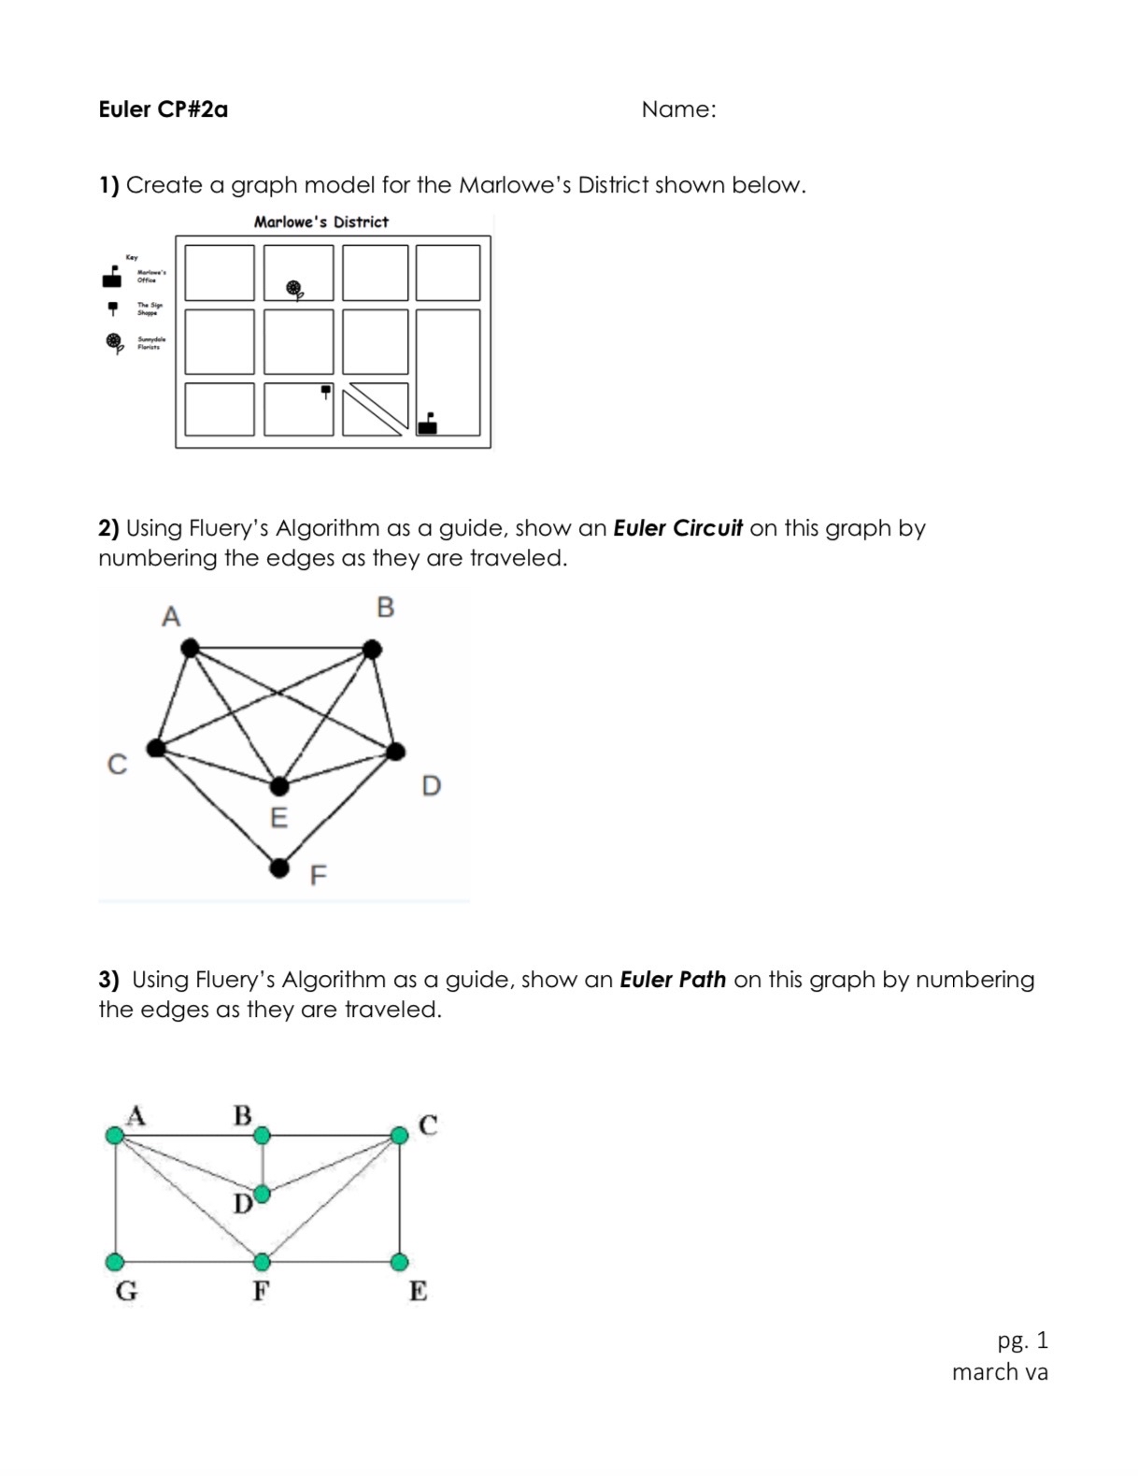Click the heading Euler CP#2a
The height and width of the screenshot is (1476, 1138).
click(x=163, y=109)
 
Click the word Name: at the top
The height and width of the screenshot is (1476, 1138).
click(x=678, y=109)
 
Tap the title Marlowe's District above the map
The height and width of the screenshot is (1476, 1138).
click(x=320, y=222)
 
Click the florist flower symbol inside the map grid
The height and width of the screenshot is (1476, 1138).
click(x=295, y=290)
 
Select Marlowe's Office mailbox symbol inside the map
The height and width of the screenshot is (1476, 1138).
click(x=428, y=423)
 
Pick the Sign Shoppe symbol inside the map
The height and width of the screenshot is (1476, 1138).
click(x=325, y=391)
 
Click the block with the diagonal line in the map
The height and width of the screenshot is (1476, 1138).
click(x=375, y=409)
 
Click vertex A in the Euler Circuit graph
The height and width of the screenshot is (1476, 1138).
click(x=191, y=647)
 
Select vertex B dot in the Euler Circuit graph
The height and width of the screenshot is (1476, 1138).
click(x=372, y=649)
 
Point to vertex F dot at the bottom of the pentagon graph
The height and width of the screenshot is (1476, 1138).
click(x=279, y=868)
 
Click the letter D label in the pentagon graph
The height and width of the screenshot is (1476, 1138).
click(x=431, y=785)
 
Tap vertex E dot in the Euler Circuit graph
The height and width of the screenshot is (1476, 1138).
click(x=279, y=786)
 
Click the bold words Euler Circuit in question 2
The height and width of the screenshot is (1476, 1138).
click(x=677, y=528)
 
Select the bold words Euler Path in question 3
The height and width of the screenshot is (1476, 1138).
click(x=673, y=980)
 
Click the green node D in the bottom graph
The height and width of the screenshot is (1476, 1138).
click(x=263, y=1194)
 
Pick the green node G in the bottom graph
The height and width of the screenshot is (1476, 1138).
click(x=116, y=1262)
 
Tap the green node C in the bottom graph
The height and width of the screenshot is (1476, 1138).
click(x=399, y=1135)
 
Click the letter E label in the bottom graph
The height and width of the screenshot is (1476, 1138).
click(x=418, y=1291)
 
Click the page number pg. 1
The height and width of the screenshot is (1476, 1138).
click(x=1022, y=1340)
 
